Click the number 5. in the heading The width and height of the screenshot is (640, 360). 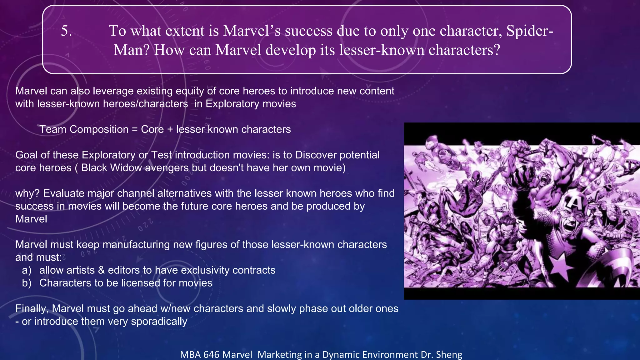coord(66,31)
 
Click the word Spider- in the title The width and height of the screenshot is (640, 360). coord(529,31)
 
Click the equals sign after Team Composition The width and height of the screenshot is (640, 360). coord(135,129)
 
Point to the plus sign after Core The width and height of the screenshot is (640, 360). coord(170,129)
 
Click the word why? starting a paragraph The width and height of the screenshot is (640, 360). coord(27,193)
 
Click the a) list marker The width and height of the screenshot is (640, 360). coord(27,270)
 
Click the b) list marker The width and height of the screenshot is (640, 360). coord(27,283)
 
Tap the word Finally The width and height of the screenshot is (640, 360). coord(32,309)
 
